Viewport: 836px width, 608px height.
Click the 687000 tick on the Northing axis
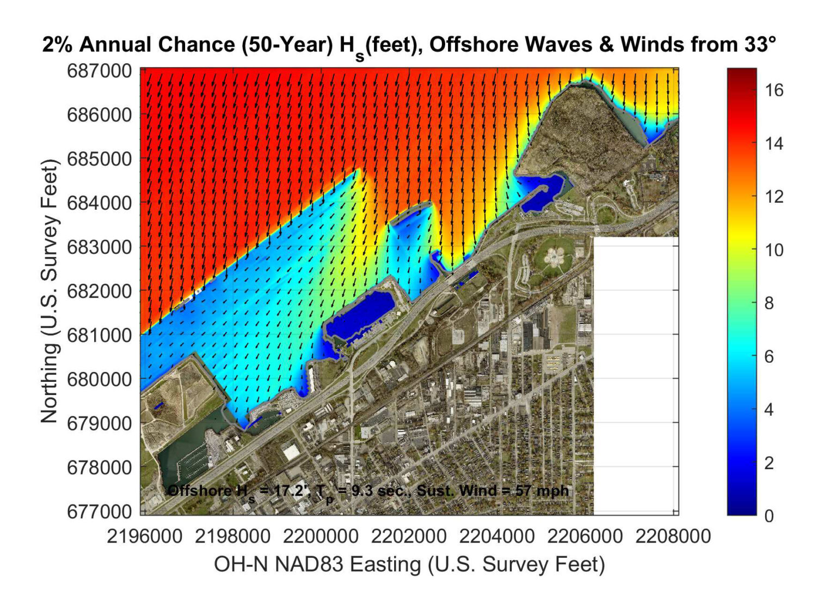pos(99,71)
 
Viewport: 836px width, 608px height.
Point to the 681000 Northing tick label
pos(99,335)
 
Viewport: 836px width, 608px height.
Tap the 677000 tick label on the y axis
pos(99,511)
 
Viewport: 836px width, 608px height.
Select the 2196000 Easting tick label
pos(144,536)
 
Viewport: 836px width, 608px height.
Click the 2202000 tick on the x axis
pos(409,536)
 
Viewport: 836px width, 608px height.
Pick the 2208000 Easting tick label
pos(673,536)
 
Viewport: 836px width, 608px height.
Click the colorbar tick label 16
pos(774,90)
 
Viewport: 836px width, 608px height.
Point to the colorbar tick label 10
pos(774,250)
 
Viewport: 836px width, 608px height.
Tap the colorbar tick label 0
pos(769,515)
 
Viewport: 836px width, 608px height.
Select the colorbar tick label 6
pos(769,356)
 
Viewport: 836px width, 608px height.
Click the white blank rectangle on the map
pos(635,376)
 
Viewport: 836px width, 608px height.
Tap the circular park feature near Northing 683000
pos(554,255)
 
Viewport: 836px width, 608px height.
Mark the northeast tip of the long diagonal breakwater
pos(358,171)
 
